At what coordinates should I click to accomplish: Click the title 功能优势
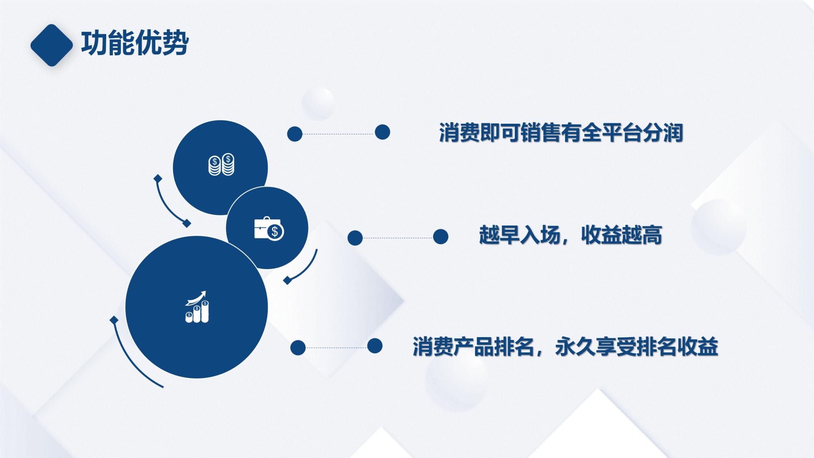[x=135, y=43]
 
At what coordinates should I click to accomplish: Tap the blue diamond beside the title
[x=52, y=45]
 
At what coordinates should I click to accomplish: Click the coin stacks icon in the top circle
[x=221, y=165]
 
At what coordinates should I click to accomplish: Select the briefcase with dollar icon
[x=269, y=229]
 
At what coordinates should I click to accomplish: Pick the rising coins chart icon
[x=197, y=307]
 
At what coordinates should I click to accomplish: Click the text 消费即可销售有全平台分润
[x=561, y=133]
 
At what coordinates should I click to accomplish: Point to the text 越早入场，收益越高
[x=570, y=235]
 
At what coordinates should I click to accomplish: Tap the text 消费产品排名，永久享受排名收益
[x=565, y=347]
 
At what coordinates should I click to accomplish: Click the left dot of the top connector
[x=295, y=134]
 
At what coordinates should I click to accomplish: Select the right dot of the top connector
[x=382, y=132]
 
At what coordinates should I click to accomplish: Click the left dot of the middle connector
[x=355, y=238]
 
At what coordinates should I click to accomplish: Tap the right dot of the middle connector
[x=440, y=237]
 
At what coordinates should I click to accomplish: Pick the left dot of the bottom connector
[x=298, y=348]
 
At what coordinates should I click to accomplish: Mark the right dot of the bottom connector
[x=374, y=346]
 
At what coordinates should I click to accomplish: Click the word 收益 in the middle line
[x=601, y=235]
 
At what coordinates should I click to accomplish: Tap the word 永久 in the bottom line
[x=575, y=347]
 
